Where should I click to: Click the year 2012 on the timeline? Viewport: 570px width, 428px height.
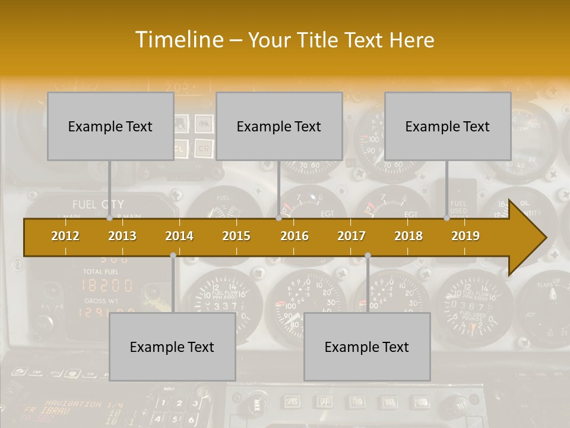click(x=65, y=236)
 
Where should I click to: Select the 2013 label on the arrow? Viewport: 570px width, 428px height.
click(x=122, y=236)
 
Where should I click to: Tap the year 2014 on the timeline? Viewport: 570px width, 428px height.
click(x=179, y=236)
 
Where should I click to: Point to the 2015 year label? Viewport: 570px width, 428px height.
click(x=236, y=236)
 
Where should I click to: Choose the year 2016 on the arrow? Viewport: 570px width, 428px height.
click(x=294, y=236)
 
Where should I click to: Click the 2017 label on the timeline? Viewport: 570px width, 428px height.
click(x=351, y=236)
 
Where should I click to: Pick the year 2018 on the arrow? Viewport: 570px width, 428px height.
click(x=408, y=236)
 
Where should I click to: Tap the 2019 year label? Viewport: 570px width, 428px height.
click(x=465, y=236)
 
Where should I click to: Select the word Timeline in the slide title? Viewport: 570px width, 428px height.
click(x=178, y=40)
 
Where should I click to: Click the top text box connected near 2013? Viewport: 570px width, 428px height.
click(x=110, y=126)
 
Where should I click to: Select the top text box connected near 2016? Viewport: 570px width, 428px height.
click(x=279, y=126)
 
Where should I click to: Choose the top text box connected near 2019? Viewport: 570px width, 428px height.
click(x=448, y=126)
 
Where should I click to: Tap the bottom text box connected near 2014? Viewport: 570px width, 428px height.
click(x=172, y=347)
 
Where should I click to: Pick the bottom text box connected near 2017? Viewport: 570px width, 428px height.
click(x=367, y=347)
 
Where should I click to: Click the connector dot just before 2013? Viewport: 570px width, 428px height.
click(x=110, y=218)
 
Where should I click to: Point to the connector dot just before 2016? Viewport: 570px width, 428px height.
click(x=278, y=218)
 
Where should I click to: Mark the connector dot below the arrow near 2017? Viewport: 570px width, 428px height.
click(x=368, y=256)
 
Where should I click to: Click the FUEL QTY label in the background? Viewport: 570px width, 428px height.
click(x=98, y=204)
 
